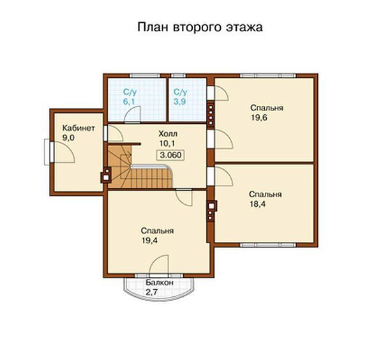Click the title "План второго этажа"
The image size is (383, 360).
click(x=200, y=28)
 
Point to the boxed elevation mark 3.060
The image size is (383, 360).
click(x=170, y=155)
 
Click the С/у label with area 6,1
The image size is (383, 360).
click(x=130, y=93)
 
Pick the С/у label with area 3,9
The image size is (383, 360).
click(x=181, y=93)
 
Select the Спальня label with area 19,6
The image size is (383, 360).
click(x=267, y=108)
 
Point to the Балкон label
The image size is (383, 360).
click(x=158, y=281)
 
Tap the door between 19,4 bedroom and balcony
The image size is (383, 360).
click(x=160, y=266)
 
